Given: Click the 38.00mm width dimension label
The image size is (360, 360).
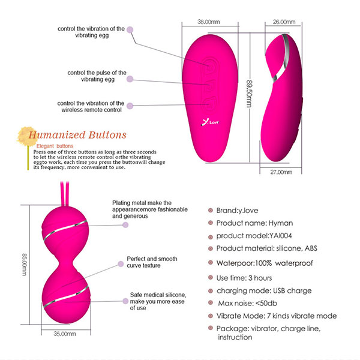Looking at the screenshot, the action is click(x=209, y=22).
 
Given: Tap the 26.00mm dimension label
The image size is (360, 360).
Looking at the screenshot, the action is click(x=284, y=22).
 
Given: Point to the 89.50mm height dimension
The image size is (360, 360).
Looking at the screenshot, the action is click(x=249, y=94).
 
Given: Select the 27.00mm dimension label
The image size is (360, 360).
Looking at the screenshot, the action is click(x=281, y=172).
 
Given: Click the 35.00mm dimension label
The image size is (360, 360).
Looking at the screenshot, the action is click(x=65, y=334).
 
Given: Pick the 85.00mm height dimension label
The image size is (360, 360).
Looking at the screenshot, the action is click(x=25, y=265).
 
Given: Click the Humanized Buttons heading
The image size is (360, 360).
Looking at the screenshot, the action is click(x=77, y=135).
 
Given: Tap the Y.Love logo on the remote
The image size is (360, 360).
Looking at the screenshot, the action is click(x=210, y=122).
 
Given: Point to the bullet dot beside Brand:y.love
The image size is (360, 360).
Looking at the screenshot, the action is click(x=211, y=210).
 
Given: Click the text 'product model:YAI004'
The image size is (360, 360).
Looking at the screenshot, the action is click(x=254, y=236).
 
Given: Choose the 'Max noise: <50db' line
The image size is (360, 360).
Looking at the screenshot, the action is click(x=247, y=303).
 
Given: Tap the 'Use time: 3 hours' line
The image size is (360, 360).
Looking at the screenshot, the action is click(x=244, y=278).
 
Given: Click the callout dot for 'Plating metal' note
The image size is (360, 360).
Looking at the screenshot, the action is click(x=125, y=225).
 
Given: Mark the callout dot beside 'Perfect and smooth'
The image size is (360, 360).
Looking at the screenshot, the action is click(x=121, y=264).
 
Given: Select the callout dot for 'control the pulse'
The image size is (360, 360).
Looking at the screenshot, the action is click(x=130, y=79).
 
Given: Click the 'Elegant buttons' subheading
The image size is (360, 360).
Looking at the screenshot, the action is click(x=55, y=146).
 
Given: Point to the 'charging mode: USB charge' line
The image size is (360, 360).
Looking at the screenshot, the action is click(x=264, y=290).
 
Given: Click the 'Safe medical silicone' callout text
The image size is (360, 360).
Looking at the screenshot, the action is click(x=158, y=301).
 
